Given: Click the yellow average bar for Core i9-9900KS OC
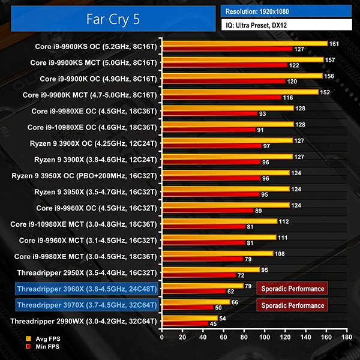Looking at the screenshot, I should point(244,43).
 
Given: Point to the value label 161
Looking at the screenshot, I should point(334,43).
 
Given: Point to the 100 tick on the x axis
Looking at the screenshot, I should point(265,338).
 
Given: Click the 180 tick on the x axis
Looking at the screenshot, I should point(347,338).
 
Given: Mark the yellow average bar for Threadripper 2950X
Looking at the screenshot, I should point(211,269).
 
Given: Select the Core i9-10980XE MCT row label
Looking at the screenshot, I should point(83,224).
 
